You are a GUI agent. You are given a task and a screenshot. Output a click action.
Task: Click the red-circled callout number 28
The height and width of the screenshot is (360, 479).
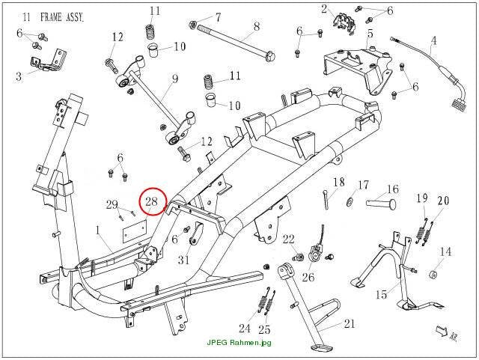[x=151, y=201]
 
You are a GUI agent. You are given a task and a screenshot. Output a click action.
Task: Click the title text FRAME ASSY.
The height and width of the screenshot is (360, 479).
[x=62, y=17]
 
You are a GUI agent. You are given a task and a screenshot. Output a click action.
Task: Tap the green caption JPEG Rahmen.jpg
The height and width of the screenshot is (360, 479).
[x=239, y=342]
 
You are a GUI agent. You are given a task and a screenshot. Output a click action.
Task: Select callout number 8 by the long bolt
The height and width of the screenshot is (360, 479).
[x=256, y=27]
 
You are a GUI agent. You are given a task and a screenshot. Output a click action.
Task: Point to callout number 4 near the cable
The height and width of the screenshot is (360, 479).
[x=434, y=40]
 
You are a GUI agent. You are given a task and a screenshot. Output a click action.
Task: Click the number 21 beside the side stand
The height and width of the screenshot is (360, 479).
[x=350, y=323]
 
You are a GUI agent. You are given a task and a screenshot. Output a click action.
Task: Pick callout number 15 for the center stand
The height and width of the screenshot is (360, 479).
[x=381, y=294]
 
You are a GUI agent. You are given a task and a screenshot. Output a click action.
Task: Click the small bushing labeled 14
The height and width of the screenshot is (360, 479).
[x=432, y=275]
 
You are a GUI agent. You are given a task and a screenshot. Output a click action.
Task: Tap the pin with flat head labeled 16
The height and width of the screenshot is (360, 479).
[x=381, y=204]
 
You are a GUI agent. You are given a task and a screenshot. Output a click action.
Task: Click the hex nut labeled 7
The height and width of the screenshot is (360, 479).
[x=192, y=23]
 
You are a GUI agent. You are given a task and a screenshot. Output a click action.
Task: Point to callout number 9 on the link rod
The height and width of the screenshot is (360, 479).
[x=175, y=79]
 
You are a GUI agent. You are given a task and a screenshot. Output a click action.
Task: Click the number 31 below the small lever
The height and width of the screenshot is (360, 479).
[x=184, y=260]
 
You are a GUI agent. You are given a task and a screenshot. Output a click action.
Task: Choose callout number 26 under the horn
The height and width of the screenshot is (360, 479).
[x=308, y=277]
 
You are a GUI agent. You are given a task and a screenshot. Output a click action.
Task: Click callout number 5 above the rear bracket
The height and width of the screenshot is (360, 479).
[x=370, y=33]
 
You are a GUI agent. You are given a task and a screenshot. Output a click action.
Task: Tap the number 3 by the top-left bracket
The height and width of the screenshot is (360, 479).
[x=19, y=76]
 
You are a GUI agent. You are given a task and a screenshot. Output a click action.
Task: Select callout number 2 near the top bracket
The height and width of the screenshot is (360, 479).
[x=324, y=10]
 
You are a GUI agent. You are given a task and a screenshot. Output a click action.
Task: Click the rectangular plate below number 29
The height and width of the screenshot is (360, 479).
[x=135, y=231]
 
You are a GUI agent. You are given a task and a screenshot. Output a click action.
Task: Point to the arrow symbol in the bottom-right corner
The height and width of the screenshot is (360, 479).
[x=442, y=332]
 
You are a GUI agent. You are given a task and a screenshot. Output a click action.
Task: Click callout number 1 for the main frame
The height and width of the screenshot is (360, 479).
[x=97, y=230]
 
